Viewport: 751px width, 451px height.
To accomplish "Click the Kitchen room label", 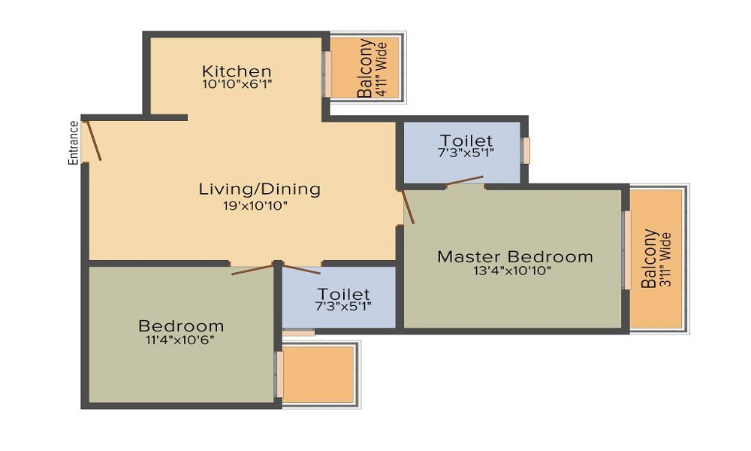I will point(236,71).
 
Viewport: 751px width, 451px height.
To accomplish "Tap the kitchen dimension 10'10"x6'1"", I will point(236,84).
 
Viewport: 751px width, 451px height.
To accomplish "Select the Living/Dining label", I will point(259,189).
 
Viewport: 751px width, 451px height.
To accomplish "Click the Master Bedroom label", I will point(514,256).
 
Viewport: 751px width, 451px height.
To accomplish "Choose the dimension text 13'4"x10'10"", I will point(514,271).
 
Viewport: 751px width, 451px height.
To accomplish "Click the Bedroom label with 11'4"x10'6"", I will point(181,325).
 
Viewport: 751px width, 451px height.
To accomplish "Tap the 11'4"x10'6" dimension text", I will point(181,339).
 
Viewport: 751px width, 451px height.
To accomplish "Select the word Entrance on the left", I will point(74,143).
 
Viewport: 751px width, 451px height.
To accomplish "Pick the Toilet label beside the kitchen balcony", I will point(466,141).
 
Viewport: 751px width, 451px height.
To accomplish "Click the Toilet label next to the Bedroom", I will point(343,293).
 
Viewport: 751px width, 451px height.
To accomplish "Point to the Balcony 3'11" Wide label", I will point(656,259).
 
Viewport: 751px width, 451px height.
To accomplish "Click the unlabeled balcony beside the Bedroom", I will point(318,374).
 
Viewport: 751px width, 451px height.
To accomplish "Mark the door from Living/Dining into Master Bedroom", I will point(407,206).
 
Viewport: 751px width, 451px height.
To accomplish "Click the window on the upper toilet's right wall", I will point(526,150).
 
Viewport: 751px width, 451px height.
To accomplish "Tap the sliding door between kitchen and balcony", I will point(327,74).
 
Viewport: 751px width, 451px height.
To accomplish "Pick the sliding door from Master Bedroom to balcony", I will point(626,250).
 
